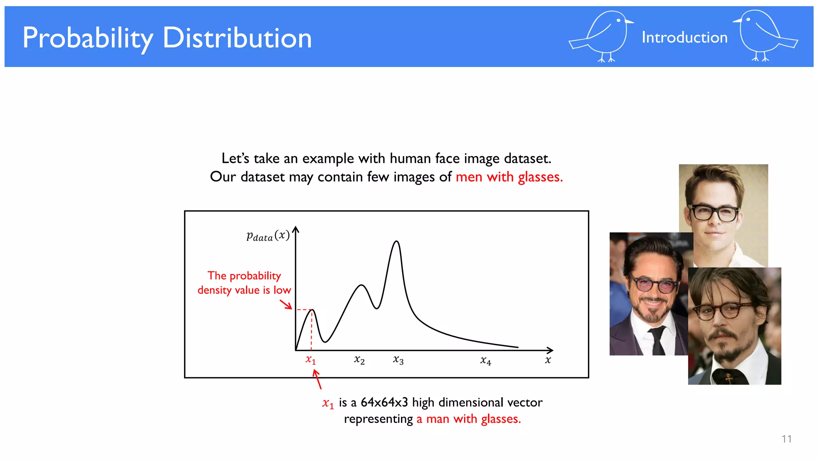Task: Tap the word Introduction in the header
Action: (684, 38)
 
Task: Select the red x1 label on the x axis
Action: (311, 360)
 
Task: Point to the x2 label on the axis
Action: (359, 360)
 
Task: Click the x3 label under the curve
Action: (398, 360)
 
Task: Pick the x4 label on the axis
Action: (485, 361)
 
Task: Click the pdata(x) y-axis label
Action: (268, 236)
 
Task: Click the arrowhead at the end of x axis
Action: (550, 350)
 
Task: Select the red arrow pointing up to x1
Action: (317, 379)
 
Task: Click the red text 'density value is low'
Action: (244, 290)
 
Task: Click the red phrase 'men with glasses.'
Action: (509, 176)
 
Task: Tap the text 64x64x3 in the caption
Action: (384, 402)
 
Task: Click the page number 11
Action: (786, 439)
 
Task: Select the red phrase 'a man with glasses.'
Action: (469, 419)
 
